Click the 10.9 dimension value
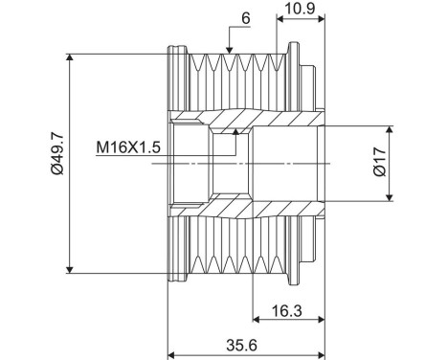[300, 8]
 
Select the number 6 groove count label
[246, 18]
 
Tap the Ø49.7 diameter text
[57, 154]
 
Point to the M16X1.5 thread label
[128, 147]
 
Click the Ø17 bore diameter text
[380, 162]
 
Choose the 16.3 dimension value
[286, 310]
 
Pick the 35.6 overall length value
[241, 345]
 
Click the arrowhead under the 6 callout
[229, 50]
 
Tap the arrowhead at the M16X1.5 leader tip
[235, 132]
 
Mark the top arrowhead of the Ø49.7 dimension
[70, 57]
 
